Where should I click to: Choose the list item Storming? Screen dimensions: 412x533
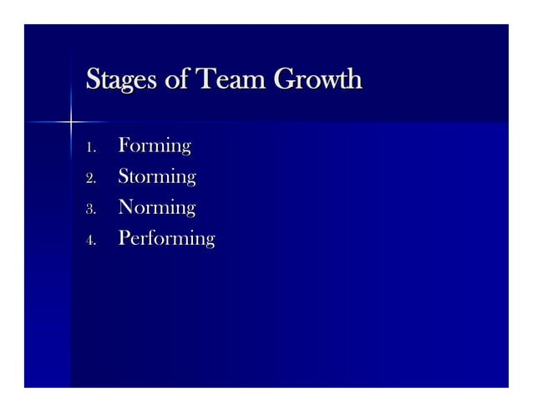point(157,178)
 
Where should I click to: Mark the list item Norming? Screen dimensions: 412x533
point(157,208)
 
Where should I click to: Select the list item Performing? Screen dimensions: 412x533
point(166,240)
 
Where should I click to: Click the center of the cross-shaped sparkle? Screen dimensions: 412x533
point(70,122)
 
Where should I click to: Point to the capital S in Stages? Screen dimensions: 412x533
point(93,80)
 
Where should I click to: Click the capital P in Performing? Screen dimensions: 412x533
point(124,238)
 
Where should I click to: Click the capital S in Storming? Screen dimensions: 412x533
point(124,177)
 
